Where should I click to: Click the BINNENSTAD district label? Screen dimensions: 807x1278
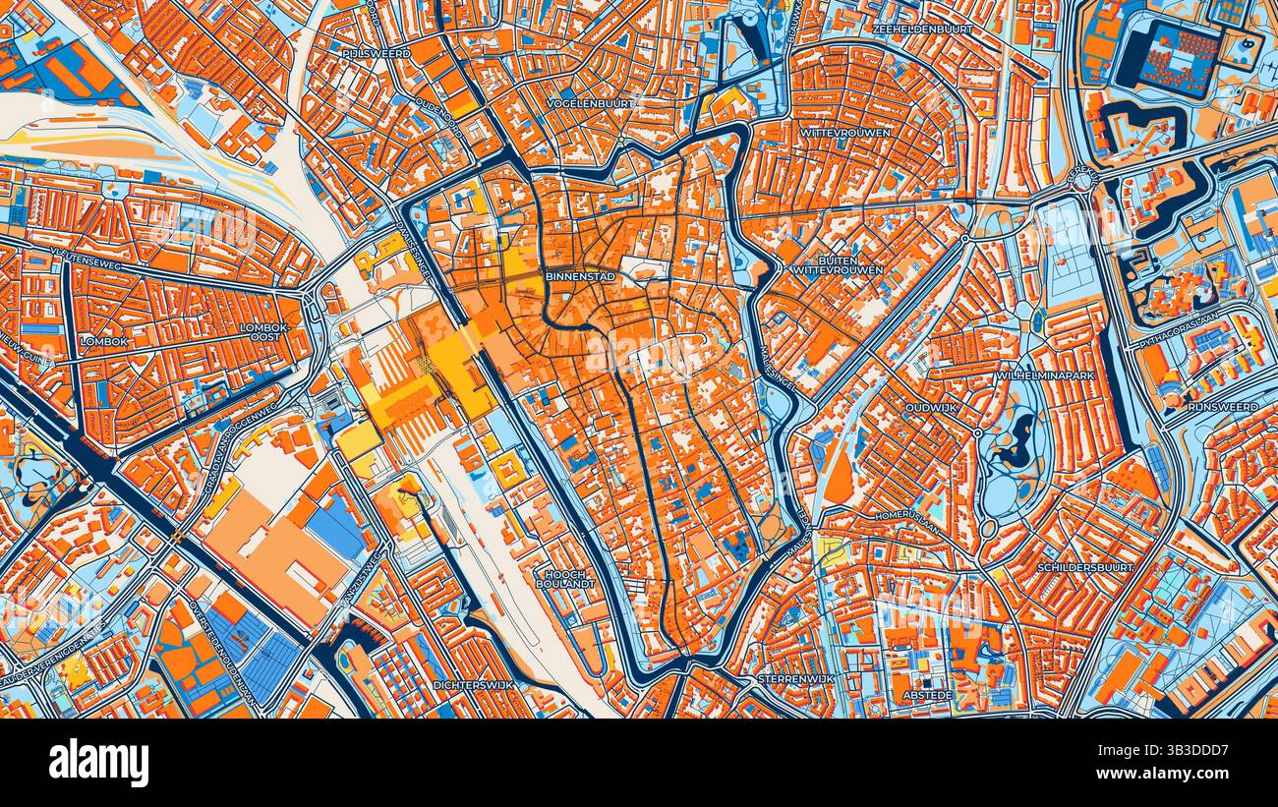[581, 277]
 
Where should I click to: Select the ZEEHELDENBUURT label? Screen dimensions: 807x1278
[922, 29]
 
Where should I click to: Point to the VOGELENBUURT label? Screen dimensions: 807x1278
[590, 102]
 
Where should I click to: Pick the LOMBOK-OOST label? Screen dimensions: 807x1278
[264, 331]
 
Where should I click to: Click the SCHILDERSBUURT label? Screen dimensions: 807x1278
[1085, 567]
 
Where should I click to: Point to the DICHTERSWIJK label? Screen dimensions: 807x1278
[474, 684]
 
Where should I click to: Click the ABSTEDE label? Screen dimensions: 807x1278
[926, 694]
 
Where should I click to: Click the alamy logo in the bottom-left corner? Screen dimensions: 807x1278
[98, 764]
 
